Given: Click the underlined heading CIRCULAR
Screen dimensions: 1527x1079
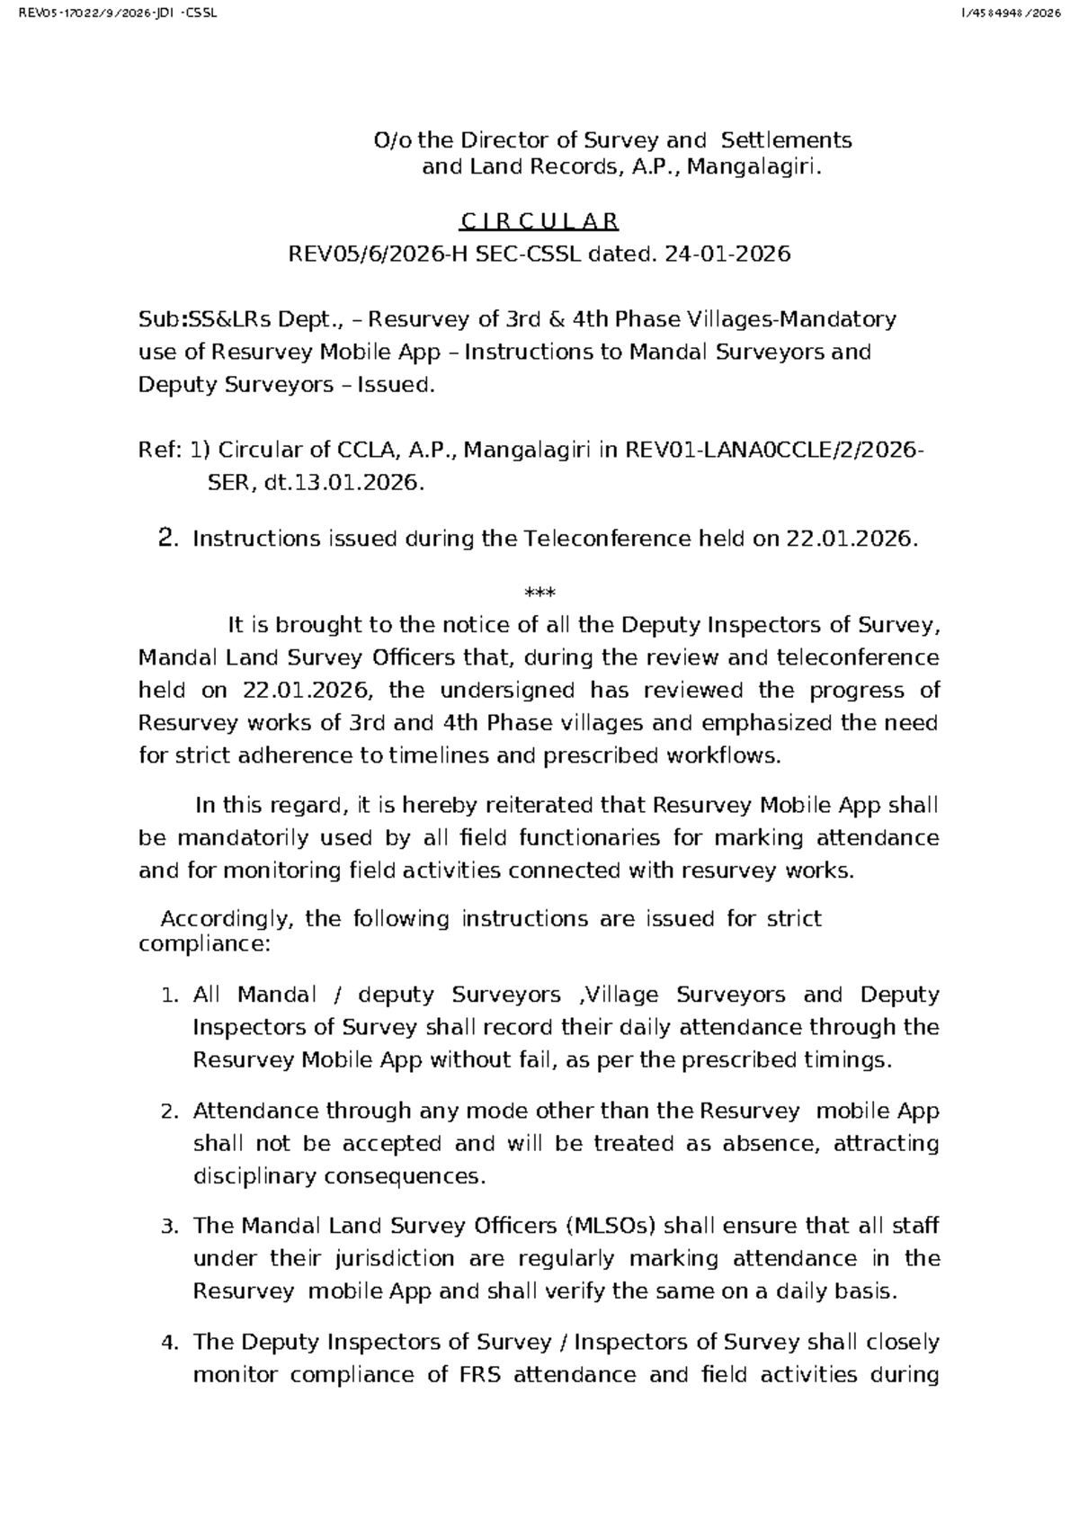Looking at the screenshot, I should tap(539, 221).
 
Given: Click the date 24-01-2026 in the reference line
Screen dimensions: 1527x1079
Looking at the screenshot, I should tap(727, 254).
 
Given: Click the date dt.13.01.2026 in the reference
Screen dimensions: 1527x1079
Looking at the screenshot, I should tap(343, 483).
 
